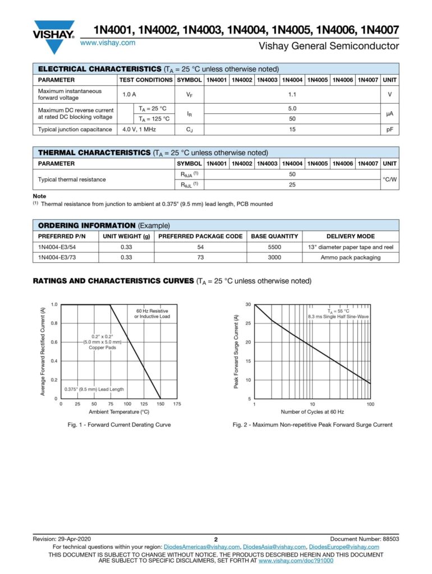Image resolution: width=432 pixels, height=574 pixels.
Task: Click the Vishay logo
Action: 54,35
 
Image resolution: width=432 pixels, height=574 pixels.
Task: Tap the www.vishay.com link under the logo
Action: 108,43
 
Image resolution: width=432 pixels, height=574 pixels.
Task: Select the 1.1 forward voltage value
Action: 292,95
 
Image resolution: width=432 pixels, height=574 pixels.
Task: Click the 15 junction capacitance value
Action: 292,129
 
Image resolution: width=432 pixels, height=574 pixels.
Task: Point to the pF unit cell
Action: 390,129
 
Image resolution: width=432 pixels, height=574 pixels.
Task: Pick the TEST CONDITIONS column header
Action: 146,80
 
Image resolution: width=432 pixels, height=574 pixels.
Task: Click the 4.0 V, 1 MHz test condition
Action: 139,129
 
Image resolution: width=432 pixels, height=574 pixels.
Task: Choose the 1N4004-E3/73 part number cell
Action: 59,257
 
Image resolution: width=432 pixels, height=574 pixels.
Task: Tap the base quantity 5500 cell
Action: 275,247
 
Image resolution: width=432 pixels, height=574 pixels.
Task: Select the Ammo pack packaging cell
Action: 351,257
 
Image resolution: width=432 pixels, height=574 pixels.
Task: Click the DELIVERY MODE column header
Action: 351,237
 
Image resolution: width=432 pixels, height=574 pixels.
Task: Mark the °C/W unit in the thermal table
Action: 390,180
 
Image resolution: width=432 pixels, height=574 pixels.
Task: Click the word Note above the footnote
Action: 40,196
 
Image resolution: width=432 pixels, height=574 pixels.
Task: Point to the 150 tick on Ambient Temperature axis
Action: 160,404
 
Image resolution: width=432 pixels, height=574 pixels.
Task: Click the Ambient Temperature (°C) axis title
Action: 118,412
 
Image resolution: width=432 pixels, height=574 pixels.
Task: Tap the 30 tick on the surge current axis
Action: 248,304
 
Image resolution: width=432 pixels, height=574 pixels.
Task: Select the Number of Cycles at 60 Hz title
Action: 312,412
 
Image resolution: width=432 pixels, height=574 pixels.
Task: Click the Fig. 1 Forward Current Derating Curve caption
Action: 119,425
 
